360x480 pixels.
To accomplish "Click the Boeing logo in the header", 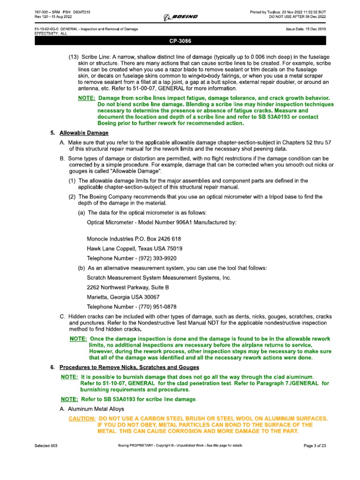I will tap(180, 17).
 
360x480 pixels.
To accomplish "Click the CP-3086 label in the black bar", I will tap(180, 41).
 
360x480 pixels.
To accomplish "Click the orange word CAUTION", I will tap(82, 418).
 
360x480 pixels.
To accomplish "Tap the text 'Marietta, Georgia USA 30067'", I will tap(123, 297).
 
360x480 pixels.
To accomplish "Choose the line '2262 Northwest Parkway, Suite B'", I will tap(128, 287).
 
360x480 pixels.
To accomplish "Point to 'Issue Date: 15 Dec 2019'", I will tap(306, 29).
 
